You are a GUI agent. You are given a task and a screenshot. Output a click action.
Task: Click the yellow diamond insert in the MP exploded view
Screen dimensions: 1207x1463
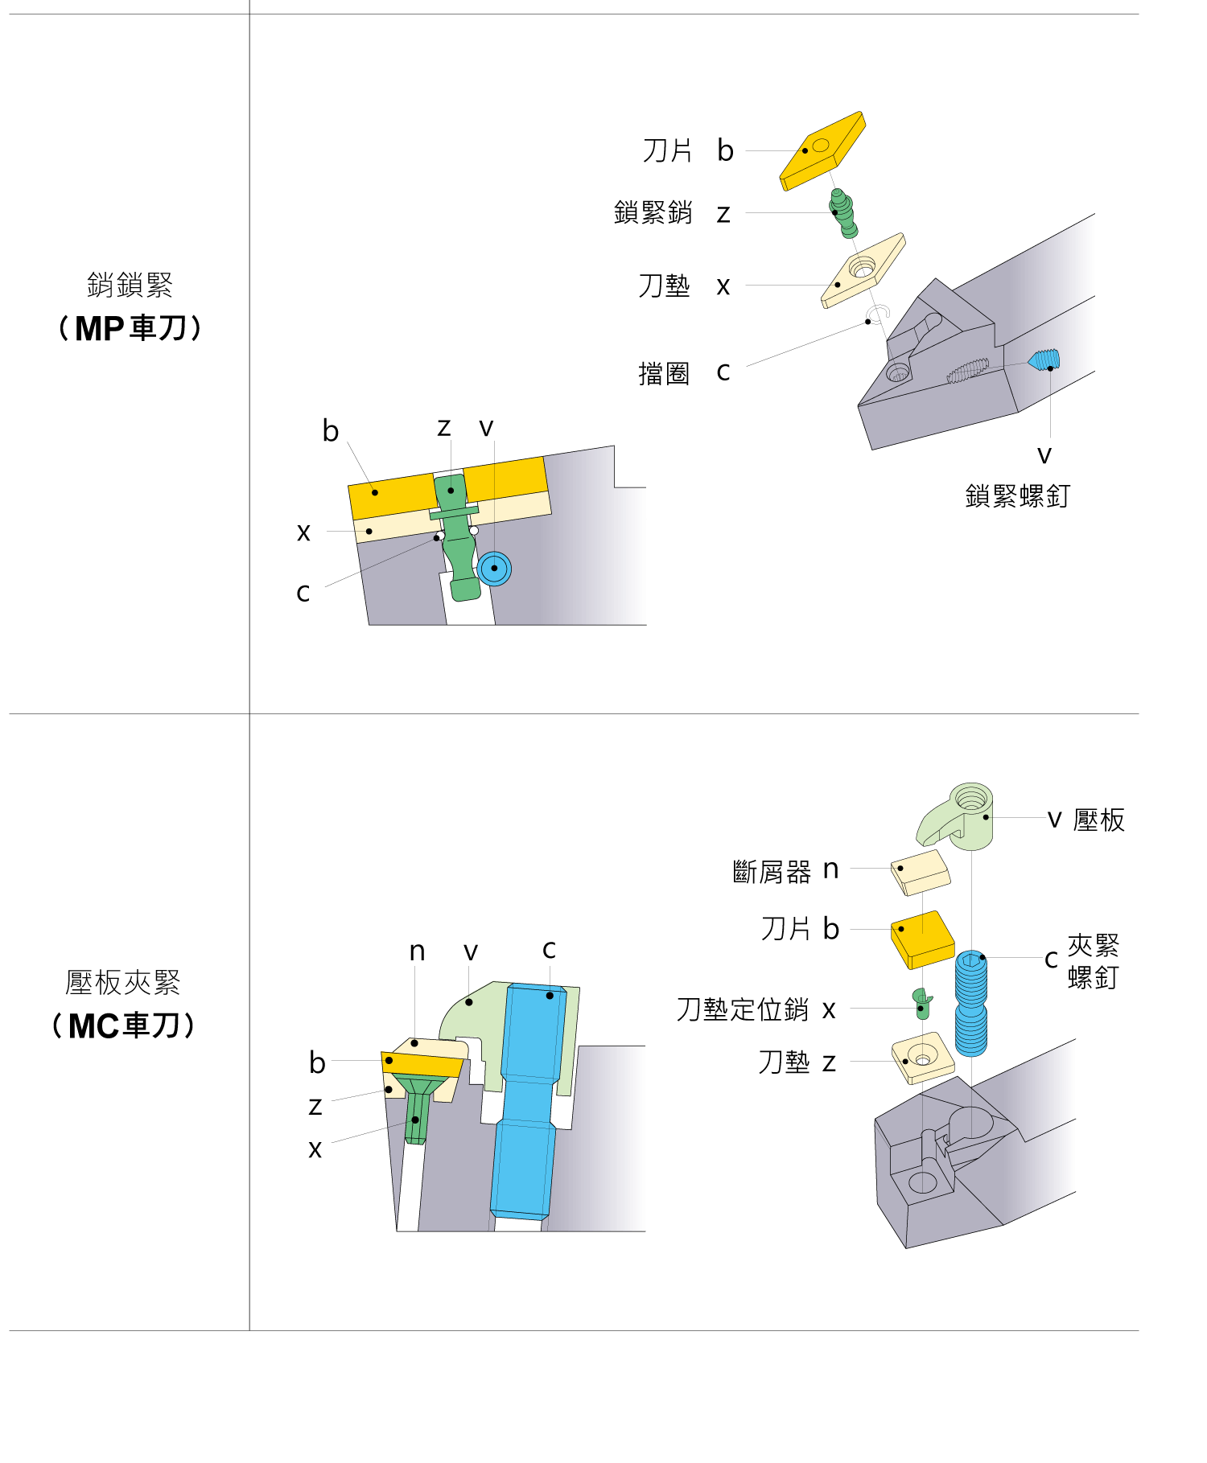point(822,151)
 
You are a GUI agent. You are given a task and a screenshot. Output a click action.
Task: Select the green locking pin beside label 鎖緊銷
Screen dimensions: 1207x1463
point(842,214)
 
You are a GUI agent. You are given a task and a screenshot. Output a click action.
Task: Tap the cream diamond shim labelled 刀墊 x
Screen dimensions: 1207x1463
point(863,270)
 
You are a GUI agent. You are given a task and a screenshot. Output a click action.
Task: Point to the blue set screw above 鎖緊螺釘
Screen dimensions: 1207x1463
point(1044,360)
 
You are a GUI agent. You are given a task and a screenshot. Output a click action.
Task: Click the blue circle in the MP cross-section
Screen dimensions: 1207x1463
point(494,569)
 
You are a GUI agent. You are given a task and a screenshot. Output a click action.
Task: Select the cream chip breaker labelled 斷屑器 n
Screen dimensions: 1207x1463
point(921,873)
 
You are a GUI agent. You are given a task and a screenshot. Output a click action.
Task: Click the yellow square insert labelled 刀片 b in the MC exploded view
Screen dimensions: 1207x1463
point(922,939)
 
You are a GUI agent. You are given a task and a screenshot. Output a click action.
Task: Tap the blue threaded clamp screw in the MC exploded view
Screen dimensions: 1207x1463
point(971,1003)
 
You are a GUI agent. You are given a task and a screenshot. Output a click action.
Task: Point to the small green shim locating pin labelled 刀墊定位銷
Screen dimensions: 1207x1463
point(923,1004)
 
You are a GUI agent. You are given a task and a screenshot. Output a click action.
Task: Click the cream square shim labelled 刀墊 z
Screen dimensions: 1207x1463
point(923,1058)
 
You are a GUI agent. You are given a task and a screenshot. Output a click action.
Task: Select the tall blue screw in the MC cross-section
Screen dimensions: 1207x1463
point(528,1100)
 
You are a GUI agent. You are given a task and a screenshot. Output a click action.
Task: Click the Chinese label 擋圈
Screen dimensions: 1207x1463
point(664,373)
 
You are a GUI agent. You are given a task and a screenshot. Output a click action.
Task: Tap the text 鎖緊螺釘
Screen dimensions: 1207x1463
point(1018,495)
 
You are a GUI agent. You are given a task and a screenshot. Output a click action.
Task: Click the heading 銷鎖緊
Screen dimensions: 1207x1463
point(130,285)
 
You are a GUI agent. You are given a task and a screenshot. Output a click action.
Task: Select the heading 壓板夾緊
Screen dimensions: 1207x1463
point(123,982)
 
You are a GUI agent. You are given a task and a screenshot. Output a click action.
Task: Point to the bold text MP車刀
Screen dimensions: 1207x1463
point(131,328)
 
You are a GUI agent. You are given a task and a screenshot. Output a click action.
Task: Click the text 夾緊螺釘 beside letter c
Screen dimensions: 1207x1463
point(1094,961)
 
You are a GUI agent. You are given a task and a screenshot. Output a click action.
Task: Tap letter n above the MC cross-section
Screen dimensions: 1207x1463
point(417,951)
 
